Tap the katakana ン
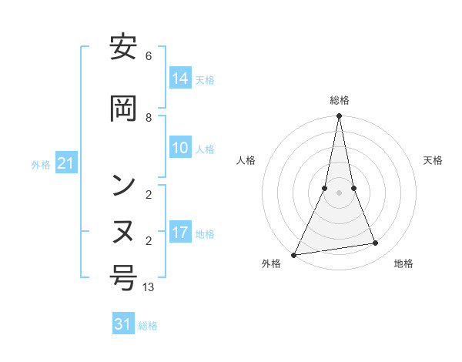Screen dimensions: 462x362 (123, 184)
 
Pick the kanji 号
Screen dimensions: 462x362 (123, 277)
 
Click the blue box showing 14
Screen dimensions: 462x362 (180, 79)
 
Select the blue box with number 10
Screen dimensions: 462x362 (180, 148)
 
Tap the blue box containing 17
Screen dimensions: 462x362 (180, 233)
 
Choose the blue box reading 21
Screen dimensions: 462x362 (66, 163)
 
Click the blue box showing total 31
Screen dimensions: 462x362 (123, 324)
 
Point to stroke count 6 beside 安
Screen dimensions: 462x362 (149, 56)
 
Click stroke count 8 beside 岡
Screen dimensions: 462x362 (149, 117)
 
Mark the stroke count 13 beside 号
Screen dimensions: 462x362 (149, 287)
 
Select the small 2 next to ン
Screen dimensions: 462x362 (149, 194)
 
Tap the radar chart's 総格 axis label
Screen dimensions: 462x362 (340, 100)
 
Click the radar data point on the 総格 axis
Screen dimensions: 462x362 (339, 117)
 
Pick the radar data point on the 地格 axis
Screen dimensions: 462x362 (376, 243)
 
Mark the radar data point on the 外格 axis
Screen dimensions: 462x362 (294, 254)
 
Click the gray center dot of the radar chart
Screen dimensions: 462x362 (339, 193)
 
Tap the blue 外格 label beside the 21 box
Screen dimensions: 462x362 (41, 164)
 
